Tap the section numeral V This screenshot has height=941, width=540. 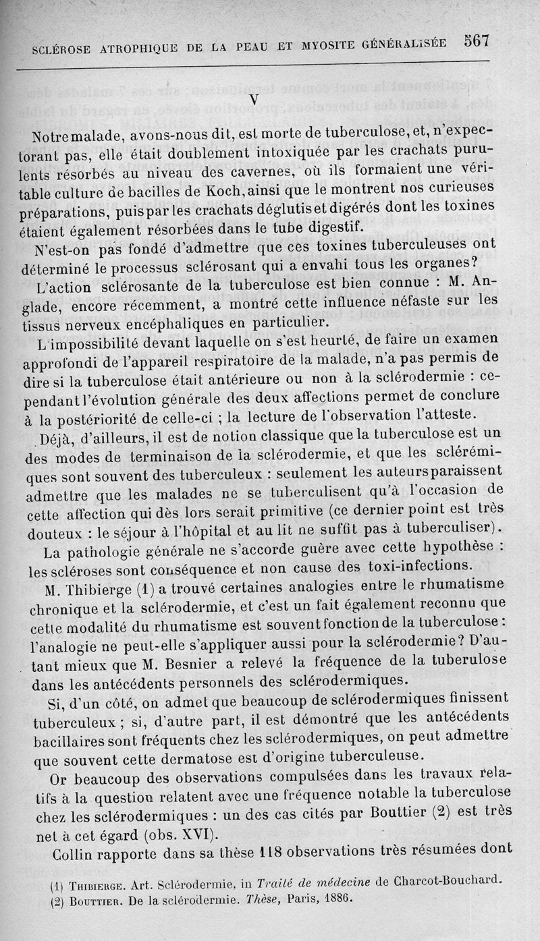tap(254, 99)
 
